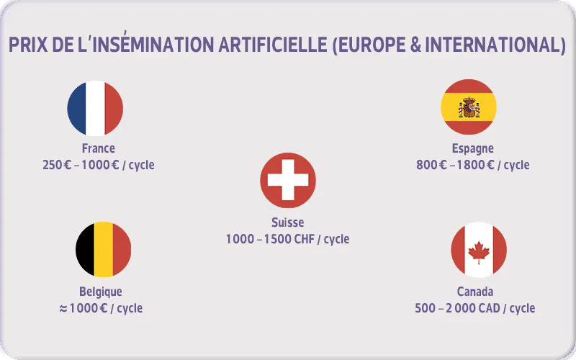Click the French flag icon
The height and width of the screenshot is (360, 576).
coord(95,108)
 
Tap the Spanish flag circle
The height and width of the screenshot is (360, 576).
coord(469,107)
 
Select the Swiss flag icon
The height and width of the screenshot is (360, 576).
coord(288,180)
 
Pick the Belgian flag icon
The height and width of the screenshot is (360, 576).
coord(104,249)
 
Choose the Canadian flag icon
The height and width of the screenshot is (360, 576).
coord(479,250)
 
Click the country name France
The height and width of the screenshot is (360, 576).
coord(99,148)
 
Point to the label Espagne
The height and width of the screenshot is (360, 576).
coord(472,148)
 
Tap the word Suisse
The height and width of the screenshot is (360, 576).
coord(288,222)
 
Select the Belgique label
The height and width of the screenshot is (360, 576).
coord(101,292)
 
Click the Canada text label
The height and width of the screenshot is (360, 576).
coord(475,292)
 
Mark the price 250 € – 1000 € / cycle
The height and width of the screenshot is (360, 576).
coord(99,165)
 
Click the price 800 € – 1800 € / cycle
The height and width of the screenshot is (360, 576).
coord(472,165)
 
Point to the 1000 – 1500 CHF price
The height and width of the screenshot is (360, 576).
coord(288,238)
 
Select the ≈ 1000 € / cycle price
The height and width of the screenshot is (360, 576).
coord(101,308)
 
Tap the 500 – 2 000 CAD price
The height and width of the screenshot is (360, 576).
coord(475,308)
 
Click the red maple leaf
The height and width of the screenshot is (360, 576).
coord(479,251)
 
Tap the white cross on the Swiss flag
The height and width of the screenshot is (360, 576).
coord(288,180)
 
